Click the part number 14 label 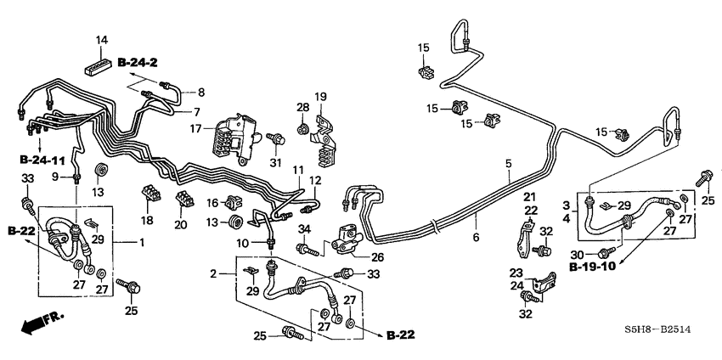click(x=102, y=40)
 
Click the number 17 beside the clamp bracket click(x=195, y=130)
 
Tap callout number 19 click(x=321, y=96)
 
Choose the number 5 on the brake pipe click(x=508, y=164)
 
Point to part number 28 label click(x=303, y=107)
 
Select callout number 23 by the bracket click(x=514, y=273)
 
